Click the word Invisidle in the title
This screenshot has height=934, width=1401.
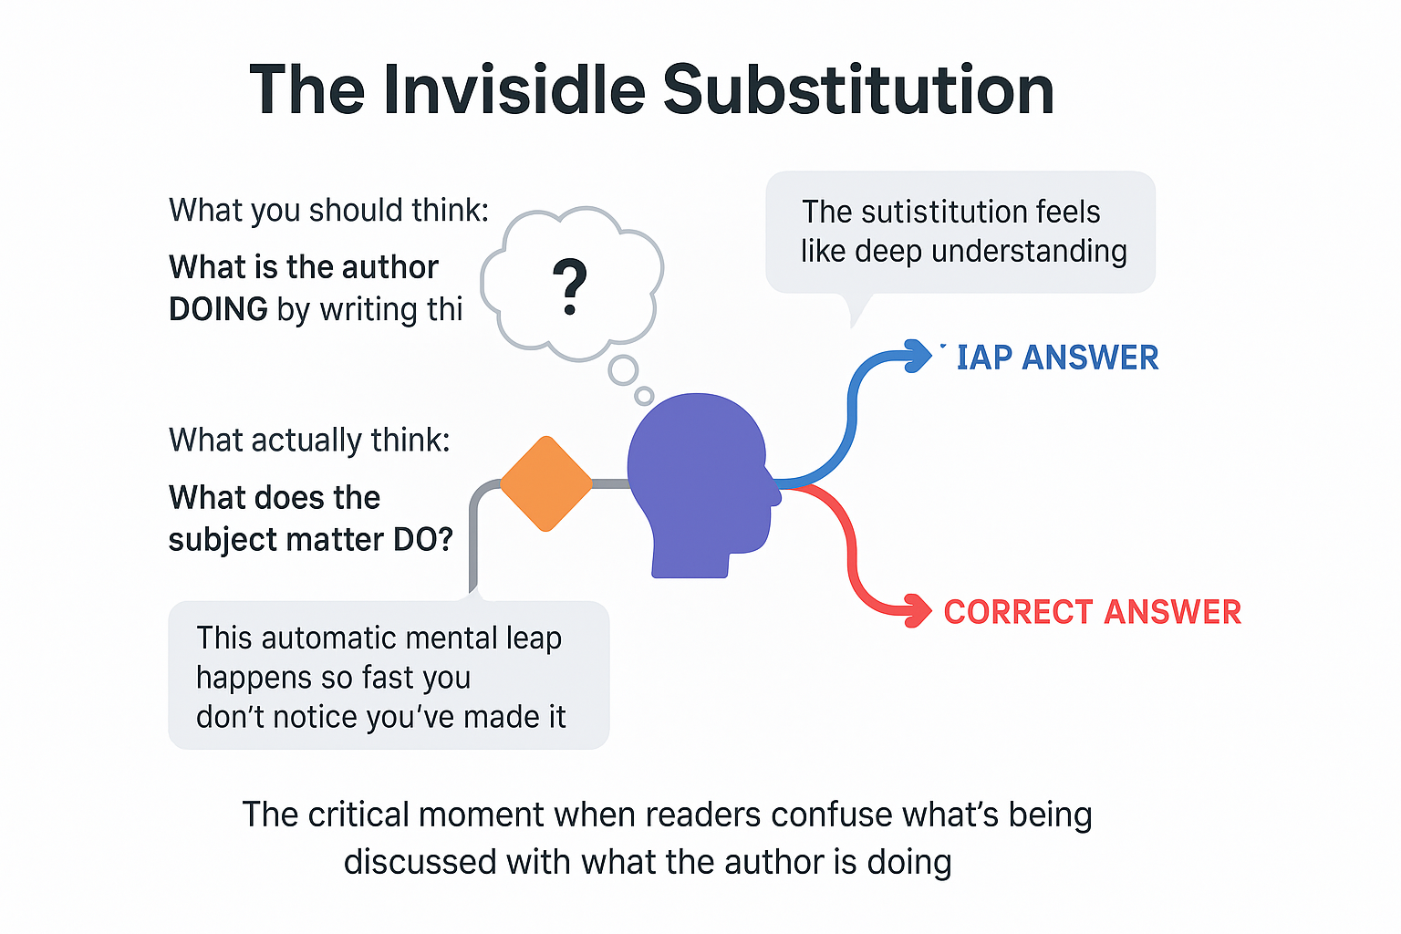pyautogui.click(x=514, y=89)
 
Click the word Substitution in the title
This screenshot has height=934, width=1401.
pyautogui.click(x=858, y=89)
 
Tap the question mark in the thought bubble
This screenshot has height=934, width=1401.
pyautogui.click(x=570, y=286)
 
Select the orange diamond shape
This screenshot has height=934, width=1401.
pyautogui.click(x=545, y=483)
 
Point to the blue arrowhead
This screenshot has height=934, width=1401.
pyautogui.click(x=916, y=356)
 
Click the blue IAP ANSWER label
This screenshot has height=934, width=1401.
pyautogui.click(x=1057, y=358)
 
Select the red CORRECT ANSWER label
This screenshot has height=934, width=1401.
pyautogui.click(x=1092, y=612)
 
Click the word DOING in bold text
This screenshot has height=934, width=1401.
pyautogui.click(x=218, y=310)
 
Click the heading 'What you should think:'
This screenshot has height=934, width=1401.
pyautogui.click(x=328, y=211)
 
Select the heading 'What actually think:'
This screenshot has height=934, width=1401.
pyautogui.click(x=309, y=441)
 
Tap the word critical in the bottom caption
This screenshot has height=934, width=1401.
pyautogui.click(x=362, y=815)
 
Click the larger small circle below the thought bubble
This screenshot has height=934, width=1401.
pyautogui.click(x=624, y=370)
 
